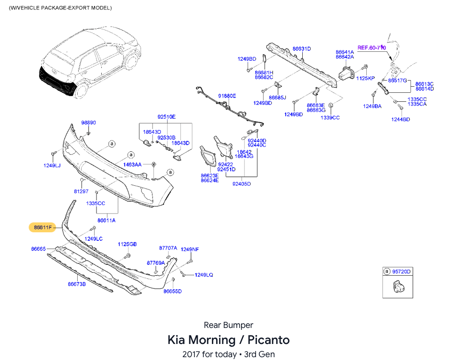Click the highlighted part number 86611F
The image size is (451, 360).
[x=43, y=228]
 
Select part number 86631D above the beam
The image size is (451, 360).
[x=302, y=49]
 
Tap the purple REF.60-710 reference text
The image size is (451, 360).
[x=371, y=48]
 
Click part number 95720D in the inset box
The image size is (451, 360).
[x=402, y=271]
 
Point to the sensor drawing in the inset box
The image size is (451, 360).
[x=399, y=286]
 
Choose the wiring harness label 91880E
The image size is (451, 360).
[x=227, y=96]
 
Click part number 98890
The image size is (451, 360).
[x=89, y=123]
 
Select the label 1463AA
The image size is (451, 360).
[x=132, y=164]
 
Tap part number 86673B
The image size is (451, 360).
[x=77, y=284]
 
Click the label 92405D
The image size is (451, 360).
[x=242, y=184]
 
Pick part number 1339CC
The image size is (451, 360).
[x=330, y=117]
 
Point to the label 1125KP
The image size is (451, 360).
[x=365, y=78]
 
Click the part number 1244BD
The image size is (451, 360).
[x=400, y=119]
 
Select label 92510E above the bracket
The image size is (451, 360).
[x=166, y=117]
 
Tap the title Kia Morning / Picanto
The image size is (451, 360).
[x=228, y=340]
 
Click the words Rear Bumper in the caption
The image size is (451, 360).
[x=228, y=325]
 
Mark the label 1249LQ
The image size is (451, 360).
[x=204, y=275]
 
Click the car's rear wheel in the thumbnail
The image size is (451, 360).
[x=81, y=90]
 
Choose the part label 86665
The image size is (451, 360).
[x=39, y=249]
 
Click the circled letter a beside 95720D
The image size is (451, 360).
[x=387, y=271]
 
